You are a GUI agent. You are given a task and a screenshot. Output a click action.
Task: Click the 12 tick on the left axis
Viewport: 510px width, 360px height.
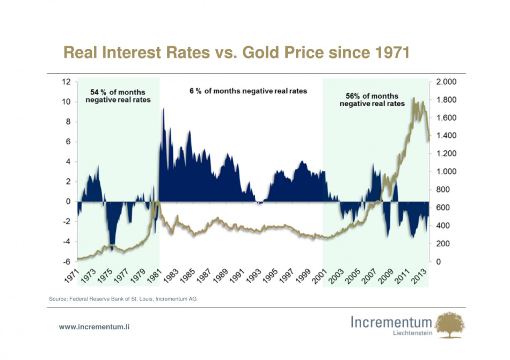coord(66,82)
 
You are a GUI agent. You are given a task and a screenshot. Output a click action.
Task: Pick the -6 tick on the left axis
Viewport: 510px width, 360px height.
coord(66,262)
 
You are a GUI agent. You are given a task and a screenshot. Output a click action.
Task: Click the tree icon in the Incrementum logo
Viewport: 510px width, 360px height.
coord(450,325)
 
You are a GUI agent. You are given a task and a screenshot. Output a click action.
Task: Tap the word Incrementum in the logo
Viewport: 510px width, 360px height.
coord(391,322)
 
